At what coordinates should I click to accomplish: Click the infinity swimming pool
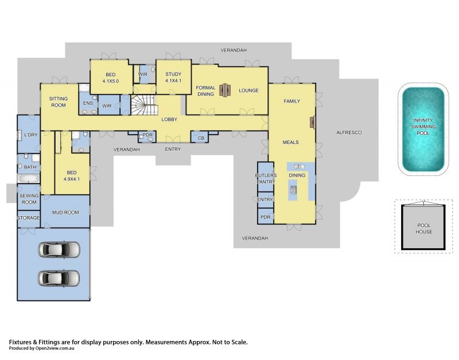(423, 129)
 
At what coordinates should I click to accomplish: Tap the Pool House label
(424, 228)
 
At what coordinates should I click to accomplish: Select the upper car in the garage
(59, 249)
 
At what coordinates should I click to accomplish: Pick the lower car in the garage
(59, 278)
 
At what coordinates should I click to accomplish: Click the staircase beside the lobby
(144, 105)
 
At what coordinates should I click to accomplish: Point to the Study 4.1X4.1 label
(173, 77)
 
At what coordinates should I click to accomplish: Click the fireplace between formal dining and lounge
(225, 90)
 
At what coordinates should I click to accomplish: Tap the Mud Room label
(65, 212)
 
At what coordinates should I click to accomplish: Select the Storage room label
(28, 218)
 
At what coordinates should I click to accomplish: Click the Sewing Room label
(29, 199)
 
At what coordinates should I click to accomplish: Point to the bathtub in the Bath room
(28, 178)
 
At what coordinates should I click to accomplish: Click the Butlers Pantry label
(266, 178)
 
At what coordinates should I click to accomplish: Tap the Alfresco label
(349, 132)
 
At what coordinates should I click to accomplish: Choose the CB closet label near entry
(201, 138)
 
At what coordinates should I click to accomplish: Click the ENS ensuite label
(88, 103)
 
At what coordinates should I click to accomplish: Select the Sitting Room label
(59, 102)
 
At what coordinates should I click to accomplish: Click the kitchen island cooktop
(293, 190)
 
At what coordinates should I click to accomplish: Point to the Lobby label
(169, 119)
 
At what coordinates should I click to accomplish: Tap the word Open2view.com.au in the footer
(55, 348)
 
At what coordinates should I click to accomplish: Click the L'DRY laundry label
(31, 135)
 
